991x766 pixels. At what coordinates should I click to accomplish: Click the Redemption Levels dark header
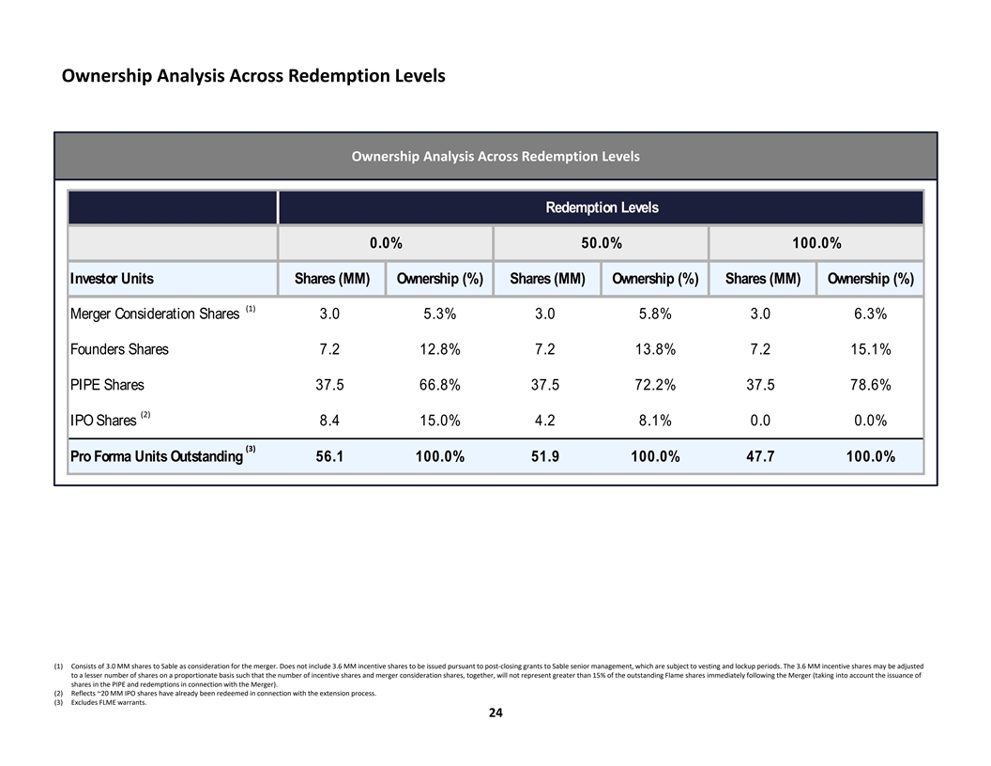602,207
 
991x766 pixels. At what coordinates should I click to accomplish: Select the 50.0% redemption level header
602,243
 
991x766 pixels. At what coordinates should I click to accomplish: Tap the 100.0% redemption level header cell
816,243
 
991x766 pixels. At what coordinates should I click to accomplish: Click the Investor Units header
112,279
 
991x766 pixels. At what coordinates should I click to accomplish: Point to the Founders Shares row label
119,349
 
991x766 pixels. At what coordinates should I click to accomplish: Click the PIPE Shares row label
107,385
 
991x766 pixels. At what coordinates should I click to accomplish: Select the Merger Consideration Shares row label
155,314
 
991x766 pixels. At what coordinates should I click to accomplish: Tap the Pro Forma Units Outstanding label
156,457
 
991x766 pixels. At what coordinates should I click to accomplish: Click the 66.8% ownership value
438,385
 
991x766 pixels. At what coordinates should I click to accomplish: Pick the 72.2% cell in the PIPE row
653,385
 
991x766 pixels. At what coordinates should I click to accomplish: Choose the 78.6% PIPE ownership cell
869,385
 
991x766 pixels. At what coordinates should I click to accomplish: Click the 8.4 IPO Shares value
329,421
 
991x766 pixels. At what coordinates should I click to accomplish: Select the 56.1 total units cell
329,457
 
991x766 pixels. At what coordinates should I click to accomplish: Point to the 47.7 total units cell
760,457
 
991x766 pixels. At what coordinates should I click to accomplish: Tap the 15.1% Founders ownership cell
869,349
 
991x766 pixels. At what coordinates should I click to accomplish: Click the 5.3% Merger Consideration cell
438,314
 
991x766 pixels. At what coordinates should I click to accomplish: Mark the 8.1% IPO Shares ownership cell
653,421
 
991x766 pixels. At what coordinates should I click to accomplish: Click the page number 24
495,713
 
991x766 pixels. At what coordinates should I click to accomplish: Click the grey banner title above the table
495,156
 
